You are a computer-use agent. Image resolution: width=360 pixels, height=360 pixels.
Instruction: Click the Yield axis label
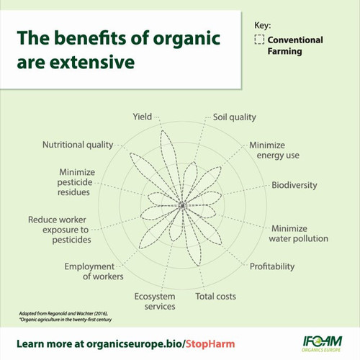143,117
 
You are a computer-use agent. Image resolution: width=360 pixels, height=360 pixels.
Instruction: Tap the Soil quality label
235,117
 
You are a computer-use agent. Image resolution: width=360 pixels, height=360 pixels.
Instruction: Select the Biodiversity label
294,185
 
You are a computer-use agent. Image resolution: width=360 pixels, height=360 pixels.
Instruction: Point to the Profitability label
272,266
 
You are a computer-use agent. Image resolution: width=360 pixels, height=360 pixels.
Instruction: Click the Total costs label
215,297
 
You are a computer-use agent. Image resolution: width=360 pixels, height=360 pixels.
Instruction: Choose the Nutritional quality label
78,145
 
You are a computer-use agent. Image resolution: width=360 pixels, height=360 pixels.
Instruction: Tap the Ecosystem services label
155,301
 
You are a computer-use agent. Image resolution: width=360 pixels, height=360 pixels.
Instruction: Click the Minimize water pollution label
298,233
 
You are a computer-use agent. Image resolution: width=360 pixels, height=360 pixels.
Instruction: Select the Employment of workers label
94,271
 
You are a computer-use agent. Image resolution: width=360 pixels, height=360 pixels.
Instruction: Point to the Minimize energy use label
274,150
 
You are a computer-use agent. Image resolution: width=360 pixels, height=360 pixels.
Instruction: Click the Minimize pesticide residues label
76,182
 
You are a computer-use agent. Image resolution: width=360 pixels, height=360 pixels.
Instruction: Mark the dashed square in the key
259,40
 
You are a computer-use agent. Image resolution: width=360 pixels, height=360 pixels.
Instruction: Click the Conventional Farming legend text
295,45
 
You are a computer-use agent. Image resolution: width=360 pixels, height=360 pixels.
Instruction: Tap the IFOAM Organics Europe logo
322,344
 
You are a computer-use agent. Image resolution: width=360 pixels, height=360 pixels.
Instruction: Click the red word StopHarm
210,344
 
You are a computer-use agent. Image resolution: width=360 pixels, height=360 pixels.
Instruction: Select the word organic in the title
186,39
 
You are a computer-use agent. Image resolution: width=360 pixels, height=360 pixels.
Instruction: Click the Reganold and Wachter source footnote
66,317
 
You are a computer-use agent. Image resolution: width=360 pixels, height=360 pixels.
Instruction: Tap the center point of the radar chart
182,205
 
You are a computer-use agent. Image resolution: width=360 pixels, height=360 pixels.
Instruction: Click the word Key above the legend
263,25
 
